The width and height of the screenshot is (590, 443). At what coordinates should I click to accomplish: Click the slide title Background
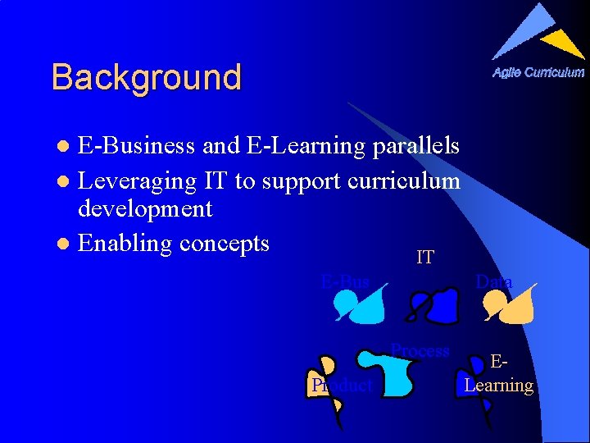point(146,78)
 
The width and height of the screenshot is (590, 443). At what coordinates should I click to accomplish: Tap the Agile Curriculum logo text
point(538,72)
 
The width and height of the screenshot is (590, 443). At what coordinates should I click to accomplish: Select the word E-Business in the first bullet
point(136,146)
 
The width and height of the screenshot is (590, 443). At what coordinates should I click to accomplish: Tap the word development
point(145,209)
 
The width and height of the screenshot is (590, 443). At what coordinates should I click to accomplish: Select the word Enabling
point(125,244)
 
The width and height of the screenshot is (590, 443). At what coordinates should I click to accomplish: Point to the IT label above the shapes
point(424,258)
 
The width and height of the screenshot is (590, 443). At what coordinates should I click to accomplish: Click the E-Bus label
point(345,282)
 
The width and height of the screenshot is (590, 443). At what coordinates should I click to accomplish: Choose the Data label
point(494,282)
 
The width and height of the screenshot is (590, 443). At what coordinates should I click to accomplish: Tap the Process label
point(420,351)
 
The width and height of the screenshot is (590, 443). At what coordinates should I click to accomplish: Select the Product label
point(342,386)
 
